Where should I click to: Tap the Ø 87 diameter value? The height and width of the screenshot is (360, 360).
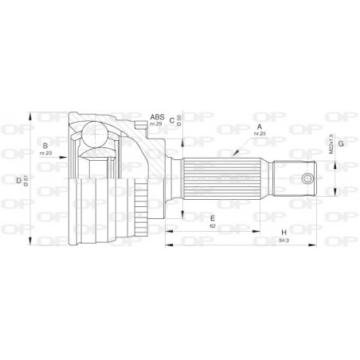point(28,179)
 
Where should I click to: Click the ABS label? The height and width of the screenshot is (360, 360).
point(157,117)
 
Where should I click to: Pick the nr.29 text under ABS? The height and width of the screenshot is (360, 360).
point(156,125)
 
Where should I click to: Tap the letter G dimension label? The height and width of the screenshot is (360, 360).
point(340,143)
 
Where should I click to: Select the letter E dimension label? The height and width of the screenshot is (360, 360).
point(212,217)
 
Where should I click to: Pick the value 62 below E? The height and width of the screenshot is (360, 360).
point(213,226)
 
